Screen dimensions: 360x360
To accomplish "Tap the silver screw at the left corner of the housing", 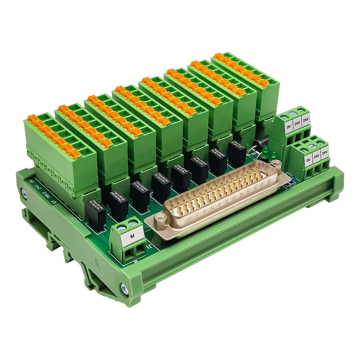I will [23, 193].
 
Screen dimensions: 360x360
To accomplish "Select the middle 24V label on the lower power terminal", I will [317, 156].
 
